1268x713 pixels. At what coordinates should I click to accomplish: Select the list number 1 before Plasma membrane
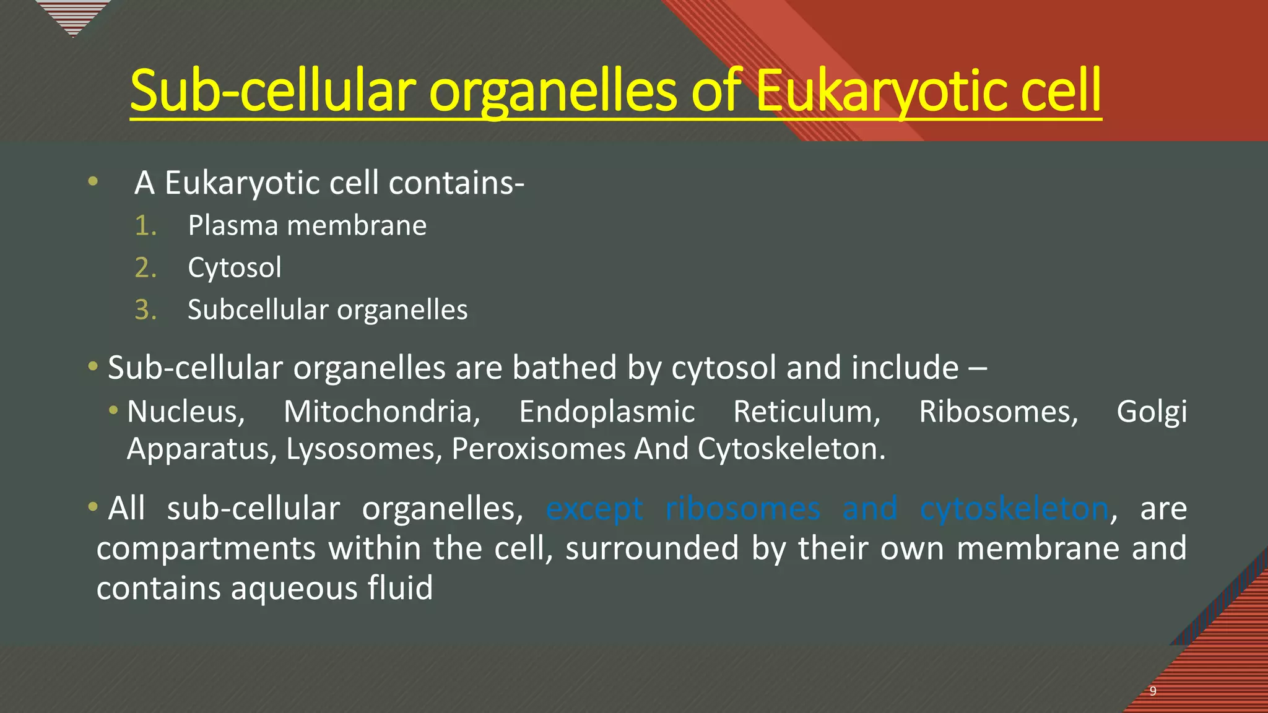pos(145,226)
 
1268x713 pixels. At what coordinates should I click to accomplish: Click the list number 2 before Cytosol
pos(145,268)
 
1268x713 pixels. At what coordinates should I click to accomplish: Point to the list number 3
pos(145,310)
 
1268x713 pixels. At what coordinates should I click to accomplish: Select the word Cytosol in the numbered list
pos(235,268)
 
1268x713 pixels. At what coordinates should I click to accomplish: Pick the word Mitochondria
pos(381,412)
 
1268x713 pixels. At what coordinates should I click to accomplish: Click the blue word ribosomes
pos(743,509)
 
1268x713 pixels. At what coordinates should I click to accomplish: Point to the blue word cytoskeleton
pos(1014,509)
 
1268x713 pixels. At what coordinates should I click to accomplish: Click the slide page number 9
pos(1153,691)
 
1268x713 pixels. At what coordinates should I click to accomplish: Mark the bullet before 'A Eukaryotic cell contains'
pos(93,181)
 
